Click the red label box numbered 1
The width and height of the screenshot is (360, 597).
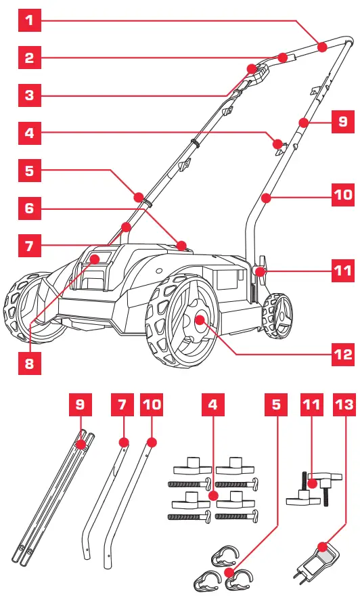pyautogui.click(x=29, y=20)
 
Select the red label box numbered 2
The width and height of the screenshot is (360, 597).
pyautogui.click(x=29, y=58)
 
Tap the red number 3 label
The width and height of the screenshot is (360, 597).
pyautogui.click(x=29, y=95)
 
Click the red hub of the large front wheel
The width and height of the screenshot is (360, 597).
pyautogui.click(x=201, y=319)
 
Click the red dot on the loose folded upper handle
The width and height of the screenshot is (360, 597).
pyautogui.click(x=81, y=445)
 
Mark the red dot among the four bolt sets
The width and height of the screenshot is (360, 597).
pyautogui.click(x=212, y=495)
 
